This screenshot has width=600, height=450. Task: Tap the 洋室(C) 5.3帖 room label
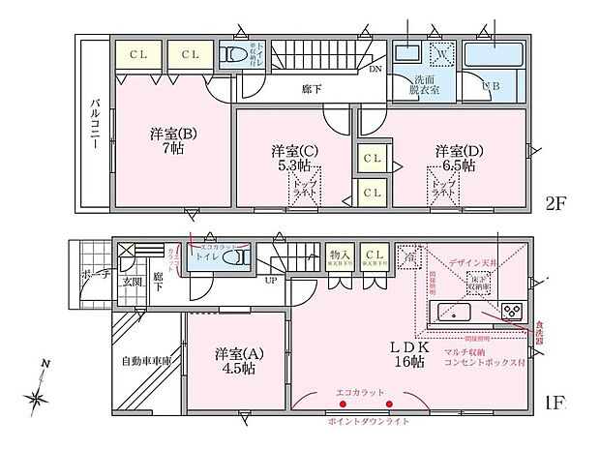click(x=289, y=157)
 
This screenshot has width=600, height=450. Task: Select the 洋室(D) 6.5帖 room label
click(x=454, y=157)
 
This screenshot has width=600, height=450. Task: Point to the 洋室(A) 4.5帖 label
click(x=234, y=360)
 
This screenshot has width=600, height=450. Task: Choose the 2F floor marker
click(x=555, y=205)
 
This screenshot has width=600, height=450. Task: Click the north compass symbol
click(x=40, y=393)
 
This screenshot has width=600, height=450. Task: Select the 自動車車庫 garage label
click(x=146, y=362)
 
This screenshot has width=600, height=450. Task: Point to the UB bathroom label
click(x=491, y=87)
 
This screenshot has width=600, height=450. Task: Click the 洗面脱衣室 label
click(x=423, y=84)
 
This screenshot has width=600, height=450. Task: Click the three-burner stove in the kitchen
click(x=510, y=312)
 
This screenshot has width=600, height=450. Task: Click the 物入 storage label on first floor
click(x=338, y=254)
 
